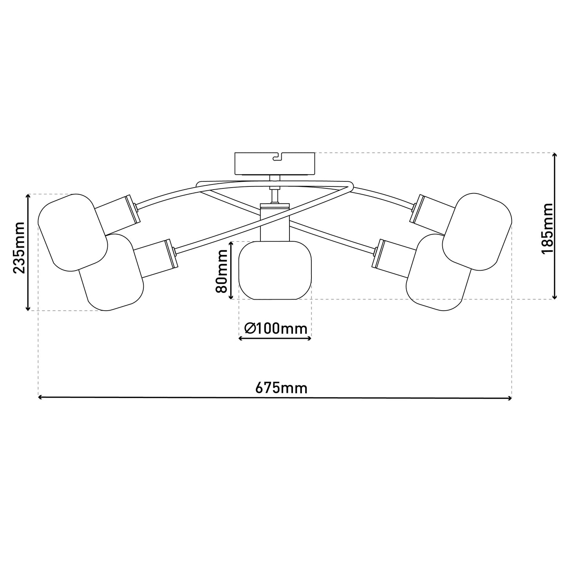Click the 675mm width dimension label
(x=281, y=388)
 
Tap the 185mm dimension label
(x=547, y=228)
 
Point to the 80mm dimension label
(x=221, y=271)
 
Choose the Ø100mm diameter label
(x=275, y=328)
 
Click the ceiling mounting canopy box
(x=275, y=164)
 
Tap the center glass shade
(x=275, y=270)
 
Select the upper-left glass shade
(x=73, y=232)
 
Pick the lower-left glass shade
(x=112, y=272)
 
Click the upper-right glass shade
(x=477, y=231)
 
